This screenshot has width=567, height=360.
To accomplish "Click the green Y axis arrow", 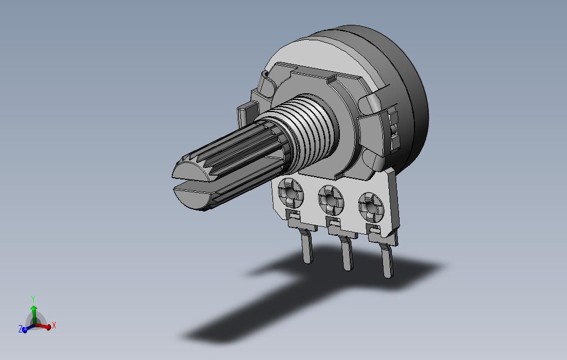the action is tap(34, 315).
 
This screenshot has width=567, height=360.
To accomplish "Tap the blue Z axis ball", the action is tap(24, 330).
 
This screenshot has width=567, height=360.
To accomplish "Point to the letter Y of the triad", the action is tap(33, 299).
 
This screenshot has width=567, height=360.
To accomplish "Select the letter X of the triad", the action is tap(54, 325).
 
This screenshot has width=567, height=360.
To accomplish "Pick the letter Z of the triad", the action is tap(20, 329).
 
